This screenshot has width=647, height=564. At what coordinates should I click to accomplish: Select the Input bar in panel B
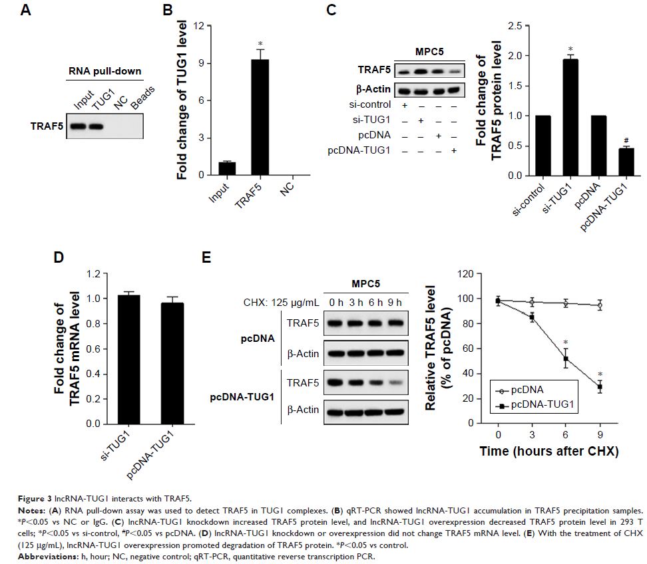click(x=227, y=169)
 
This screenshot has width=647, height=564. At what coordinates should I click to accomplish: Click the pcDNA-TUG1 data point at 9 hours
click(x=599, y=386)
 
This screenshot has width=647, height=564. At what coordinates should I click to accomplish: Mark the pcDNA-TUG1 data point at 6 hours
click(x=566, y=358)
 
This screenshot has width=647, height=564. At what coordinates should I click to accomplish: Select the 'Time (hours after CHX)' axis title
click(x=549, y=451)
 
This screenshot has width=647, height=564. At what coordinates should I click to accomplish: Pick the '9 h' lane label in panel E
click(x=396, y=304)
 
